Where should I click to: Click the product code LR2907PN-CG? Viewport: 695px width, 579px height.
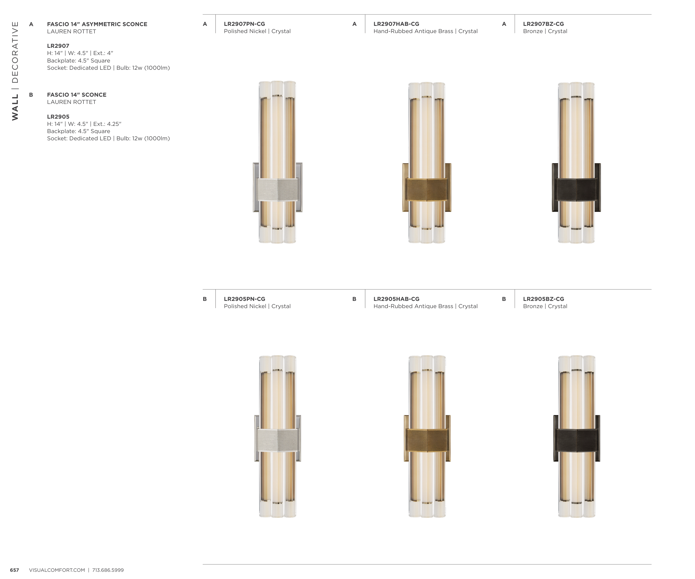point(244,24)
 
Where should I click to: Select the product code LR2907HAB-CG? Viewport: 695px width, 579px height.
point(396,24)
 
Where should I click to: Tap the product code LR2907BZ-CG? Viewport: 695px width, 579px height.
point(543,24)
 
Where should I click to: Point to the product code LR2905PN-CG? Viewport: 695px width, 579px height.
point(244,299)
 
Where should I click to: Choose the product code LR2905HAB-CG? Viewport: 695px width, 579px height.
point(396,299)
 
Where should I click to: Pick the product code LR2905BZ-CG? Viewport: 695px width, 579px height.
point(543,299)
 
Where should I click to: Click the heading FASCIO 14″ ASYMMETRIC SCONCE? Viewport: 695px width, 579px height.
point(97,24)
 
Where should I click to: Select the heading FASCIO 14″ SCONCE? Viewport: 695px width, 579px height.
point(77,94)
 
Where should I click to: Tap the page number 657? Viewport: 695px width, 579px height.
point(14,570)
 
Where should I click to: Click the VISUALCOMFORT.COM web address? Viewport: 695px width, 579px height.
point(57,570)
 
